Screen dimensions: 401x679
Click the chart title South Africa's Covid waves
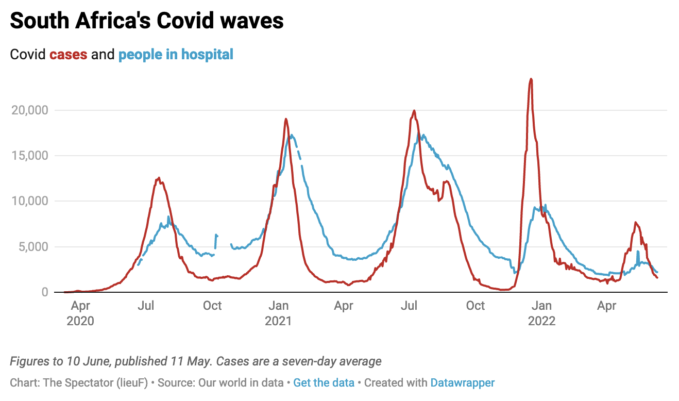147,21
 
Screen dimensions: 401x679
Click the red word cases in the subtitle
68,54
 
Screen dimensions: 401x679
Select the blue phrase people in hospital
176,54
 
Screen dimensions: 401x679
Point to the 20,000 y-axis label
30,110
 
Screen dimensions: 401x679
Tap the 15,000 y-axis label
30,156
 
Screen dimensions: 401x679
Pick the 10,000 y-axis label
30,201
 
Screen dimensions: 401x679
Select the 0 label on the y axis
44,292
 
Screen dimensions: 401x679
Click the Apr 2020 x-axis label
80,313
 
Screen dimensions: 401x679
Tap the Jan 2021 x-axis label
278,313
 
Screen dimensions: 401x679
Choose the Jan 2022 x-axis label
541,313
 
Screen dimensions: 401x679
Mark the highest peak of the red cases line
531,79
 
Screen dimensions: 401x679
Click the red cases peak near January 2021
286,119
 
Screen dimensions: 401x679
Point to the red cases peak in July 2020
159,178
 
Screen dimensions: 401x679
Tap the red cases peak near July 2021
414,111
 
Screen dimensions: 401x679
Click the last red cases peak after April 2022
636,222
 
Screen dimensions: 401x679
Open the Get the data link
324,383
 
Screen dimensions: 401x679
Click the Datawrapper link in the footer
462,383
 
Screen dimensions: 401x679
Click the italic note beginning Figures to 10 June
196,361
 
